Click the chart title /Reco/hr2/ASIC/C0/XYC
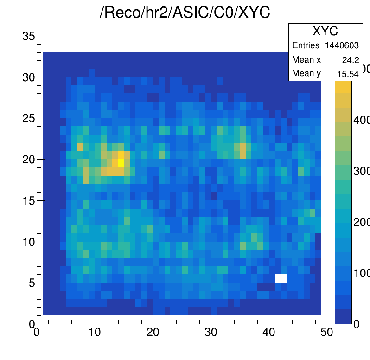(185, 13)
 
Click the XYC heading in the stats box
(325, 31)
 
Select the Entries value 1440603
(343, 45)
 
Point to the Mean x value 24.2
(351, 60)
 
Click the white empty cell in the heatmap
(281, 278)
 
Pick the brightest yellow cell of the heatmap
(121, 163)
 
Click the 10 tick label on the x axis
(95, 332)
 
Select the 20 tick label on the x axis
(153, 332)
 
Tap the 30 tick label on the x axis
(211, 332)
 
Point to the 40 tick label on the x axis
(269, 332)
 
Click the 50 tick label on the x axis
(327, 332)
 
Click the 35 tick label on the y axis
(28, 36)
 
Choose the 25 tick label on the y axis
(28, 118)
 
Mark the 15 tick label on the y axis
(28, 200)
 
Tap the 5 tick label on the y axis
(31, 283)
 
